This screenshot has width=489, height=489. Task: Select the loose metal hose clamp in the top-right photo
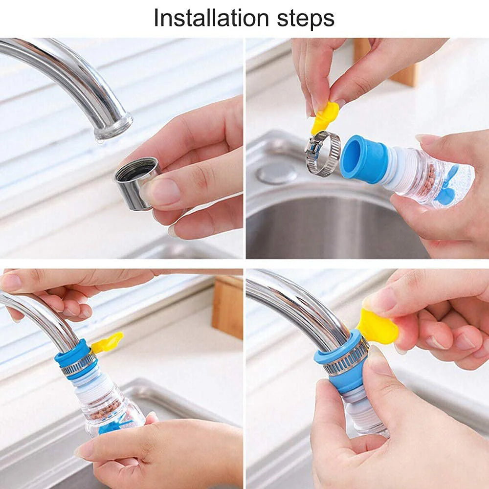pyautogui.click(x=323, y=154)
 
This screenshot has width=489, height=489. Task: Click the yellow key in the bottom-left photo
pyautogui.click(x=107, y=343)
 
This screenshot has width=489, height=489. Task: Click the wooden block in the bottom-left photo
pyautogui.click(x=227, y=308)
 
